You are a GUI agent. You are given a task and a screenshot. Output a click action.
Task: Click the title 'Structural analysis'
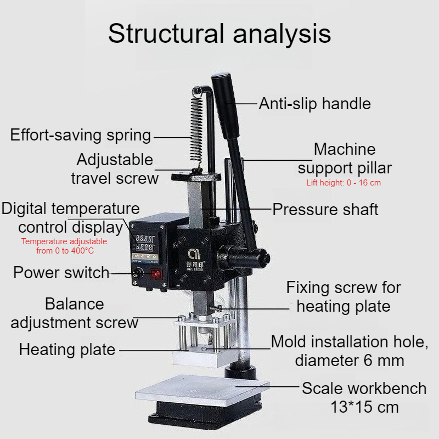point(219,33)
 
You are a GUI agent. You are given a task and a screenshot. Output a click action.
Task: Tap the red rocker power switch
point(156,274)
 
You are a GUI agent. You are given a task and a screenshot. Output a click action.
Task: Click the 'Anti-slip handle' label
point(314,104)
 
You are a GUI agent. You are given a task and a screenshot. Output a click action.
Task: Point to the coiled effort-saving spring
point(196,126)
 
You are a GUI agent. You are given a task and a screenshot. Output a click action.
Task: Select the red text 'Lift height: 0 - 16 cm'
point(344,183)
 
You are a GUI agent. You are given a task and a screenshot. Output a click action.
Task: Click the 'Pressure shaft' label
point(325,210)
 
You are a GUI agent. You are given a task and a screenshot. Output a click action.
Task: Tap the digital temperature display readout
point(144,243)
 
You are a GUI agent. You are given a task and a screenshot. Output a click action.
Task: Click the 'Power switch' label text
point(61,272)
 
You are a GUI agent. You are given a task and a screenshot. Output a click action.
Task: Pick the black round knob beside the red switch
point(138,273)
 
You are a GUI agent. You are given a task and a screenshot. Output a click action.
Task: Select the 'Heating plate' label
point(67,350)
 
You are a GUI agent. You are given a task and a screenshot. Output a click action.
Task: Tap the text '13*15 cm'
point(364,407)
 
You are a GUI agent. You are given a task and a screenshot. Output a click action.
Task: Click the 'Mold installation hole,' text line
point(350,342)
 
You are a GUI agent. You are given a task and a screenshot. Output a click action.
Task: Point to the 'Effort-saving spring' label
point(81,135)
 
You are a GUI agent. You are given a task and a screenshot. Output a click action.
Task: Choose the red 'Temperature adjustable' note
point(64,241)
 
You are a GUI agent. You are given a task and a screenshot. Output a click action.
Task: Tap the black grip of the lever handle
point(225,106)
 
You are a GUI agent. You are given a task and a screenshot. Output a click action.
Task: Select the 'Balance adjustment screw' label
point(75,313)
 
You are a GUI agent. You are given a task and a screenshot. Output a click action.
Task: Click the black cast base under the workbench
point(204,414)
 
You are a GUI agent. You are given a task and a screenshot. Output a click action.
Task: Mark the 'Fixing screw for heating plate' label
point(344,297)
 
